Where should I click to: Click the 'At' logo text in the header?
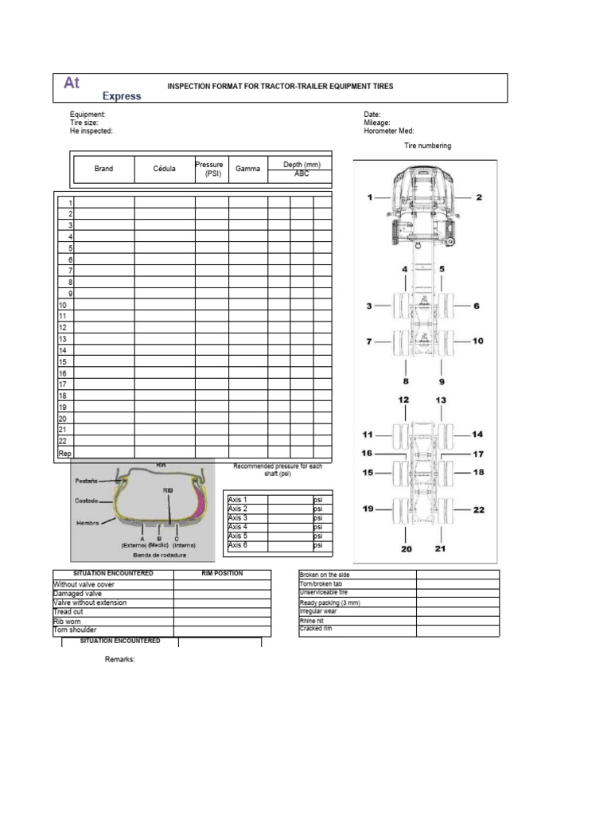click(72, 82)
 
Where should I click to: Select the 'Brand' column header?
click(103, 169)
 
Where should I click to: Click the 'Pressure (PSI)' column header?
click(212, 169)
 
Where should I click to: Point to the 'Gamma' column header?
click(247, 169)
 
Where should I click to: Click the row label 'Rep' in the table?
click(65, 453)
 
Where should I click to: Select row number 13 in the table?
click(62, 339)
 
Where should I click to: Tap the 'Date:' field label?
click(372, 115)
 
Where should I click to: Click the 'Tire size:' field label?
click(84, 123)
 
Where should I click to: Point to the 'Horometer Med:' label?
click(389, 131)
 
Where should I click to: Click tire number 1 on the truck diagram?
click(369, 197)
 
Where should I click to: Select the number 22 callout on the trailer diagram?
click(479, 510)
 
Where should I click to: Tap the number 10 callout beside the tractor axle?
click(477, 341)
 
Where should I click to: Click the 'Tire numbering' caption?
click(427, 146)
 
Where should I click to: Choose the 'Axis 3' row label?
click(238, 518)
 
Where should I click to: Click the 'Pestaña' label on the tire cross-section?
click(86, 482)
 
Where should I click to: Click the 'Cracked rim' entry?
click(317, 629)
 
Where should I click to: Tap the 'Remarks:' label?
click(120, 660)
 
